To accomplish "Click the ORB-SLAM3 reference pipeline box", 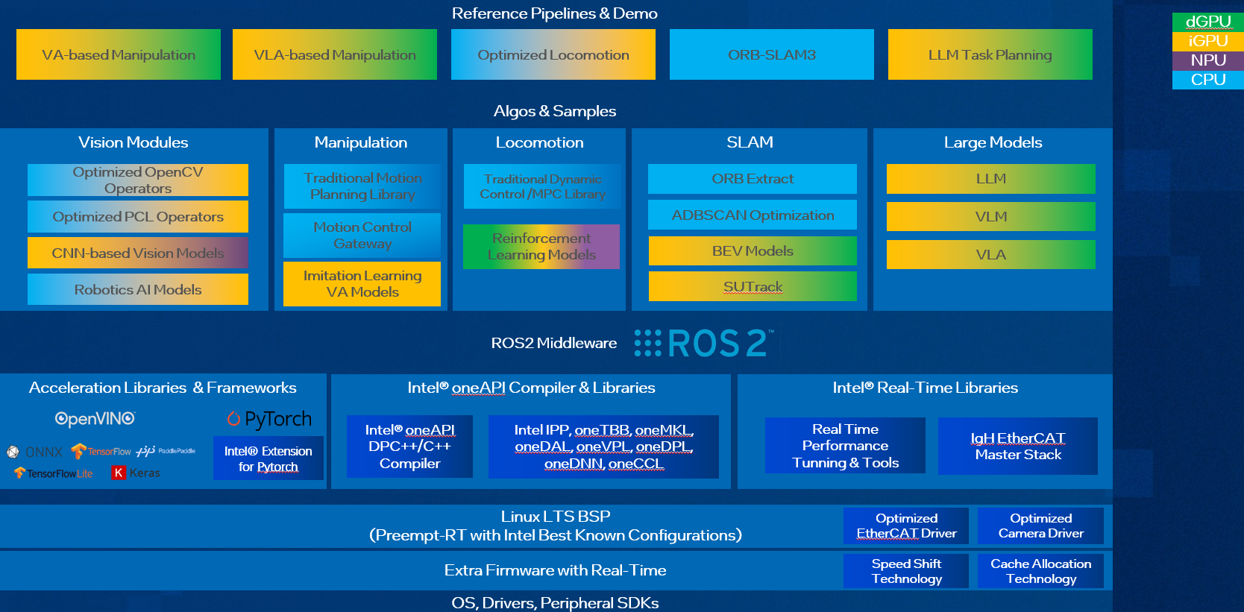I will point(771,54).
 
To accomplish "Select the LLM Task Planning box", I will point(990,54).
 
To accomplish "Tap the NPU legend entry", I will point(1207,60).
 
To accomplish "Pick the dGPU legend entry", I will point(1207,22).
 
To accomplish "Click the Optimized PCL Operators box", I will point(138,217).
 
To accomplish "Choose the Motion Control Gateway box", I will point(362,236).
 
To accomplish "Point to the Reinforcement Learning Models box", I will point(541,247).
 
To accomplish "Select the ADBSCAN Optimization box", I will point(753,215).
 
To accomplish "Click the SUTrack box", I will point(753,286).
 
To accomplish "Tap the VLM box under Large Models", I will point(990,217).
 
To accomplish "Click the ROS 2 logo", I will point(704,343).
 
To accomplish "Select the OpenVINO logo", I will point(95,419).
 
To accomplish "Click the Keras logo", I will point(136,473).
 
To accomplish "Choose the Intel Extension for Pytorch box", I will point(268,458).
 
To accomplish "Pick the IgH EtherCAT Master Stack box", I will point(1017,446).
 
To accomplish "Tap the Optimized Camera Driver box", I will point(1040,526).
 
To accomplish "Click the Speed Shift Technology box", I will point(906,571).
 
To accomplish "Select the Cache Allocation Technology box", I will point(1040,571).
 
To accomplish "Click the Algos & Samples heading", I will point(555,111).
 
